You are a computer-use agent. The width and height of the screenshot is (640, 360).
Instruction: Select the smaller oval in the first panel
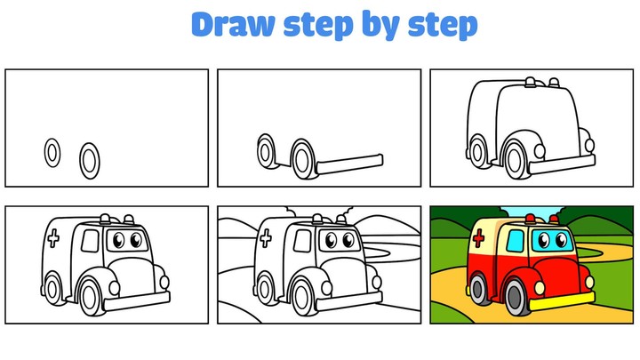coord(52,153)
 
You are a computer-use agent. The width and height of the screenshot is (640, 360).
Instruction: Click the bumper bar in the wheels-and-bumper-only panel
coord(352,163)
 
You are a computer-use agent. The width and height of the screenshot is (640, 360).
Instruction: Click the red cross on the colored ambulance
coord(478,237)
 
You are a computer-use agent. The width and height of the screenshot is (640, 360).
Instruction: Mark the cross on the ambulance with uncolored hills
coord(265,237)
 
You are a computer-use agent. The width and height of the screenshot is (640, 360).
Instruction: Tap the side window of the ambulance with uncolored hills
coord(300,240)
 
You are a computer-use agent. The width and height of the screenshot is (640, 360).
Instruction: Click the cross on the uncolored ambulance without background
coord(53,237)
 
